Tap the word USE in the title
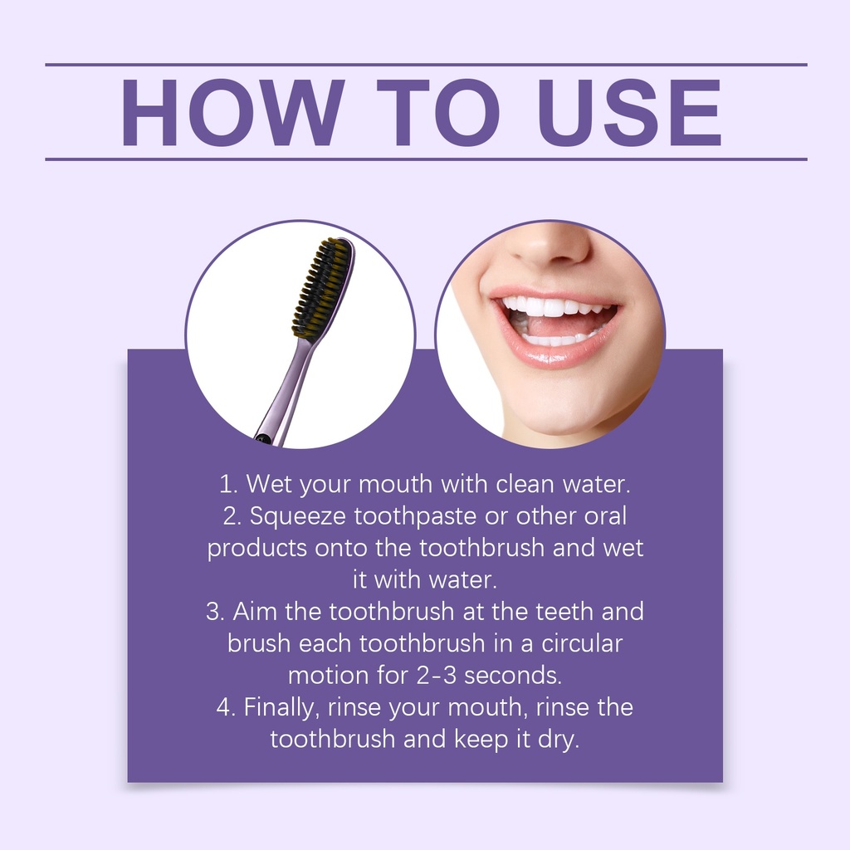pyautogui.click(x=629, y=113)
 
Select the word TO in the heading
pyautogui.click(x=438, y=113)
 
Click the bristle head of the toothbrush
pyautogui.click(x=323, y=287)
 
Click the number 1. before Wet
pyautogui.click(x=228, y=484)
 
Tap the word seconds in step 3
pyautogui.click(x=513, y=676)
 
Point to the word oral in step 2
pyautogui.click(x=605, y=516)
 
